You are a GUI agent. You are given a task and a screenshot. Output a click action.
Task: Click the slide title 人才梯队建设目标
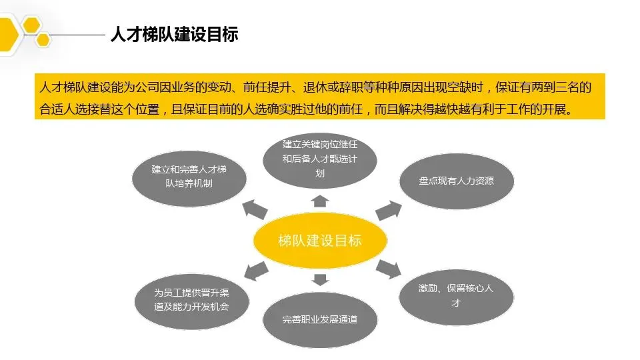[x=174, y=34]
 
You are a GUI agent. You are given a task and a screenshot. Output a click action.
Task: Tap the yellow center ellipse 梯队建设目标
[x=320, y=241]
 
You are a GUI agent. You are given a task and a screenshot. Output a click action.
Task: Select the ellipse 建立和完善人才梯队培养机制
[x=189, y=175]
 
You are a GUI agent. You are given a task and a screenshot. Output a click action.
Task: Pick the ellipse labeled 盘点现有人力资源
[x=456, y=180]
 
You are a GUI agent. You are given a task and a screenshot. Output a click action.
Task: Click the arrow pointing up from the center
[x=320, y=200]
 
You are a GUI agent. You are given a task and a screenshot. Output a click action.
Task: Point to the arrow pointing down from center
[x=320, y=279]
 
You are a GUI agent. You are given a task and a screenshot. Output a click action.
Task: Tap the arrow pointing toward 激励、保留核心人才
[x=388, y=268]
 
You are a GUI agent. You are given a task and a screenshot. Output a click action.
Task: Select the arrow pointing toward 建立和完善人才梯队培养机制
[x=254, y=211]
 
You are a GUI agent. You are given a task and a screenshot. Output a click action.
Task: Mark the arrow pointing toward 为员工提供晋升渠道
[x=255, y=270]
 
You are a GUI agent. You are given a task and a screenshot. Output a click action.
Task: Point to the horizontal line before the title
[x=76, y=34]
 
